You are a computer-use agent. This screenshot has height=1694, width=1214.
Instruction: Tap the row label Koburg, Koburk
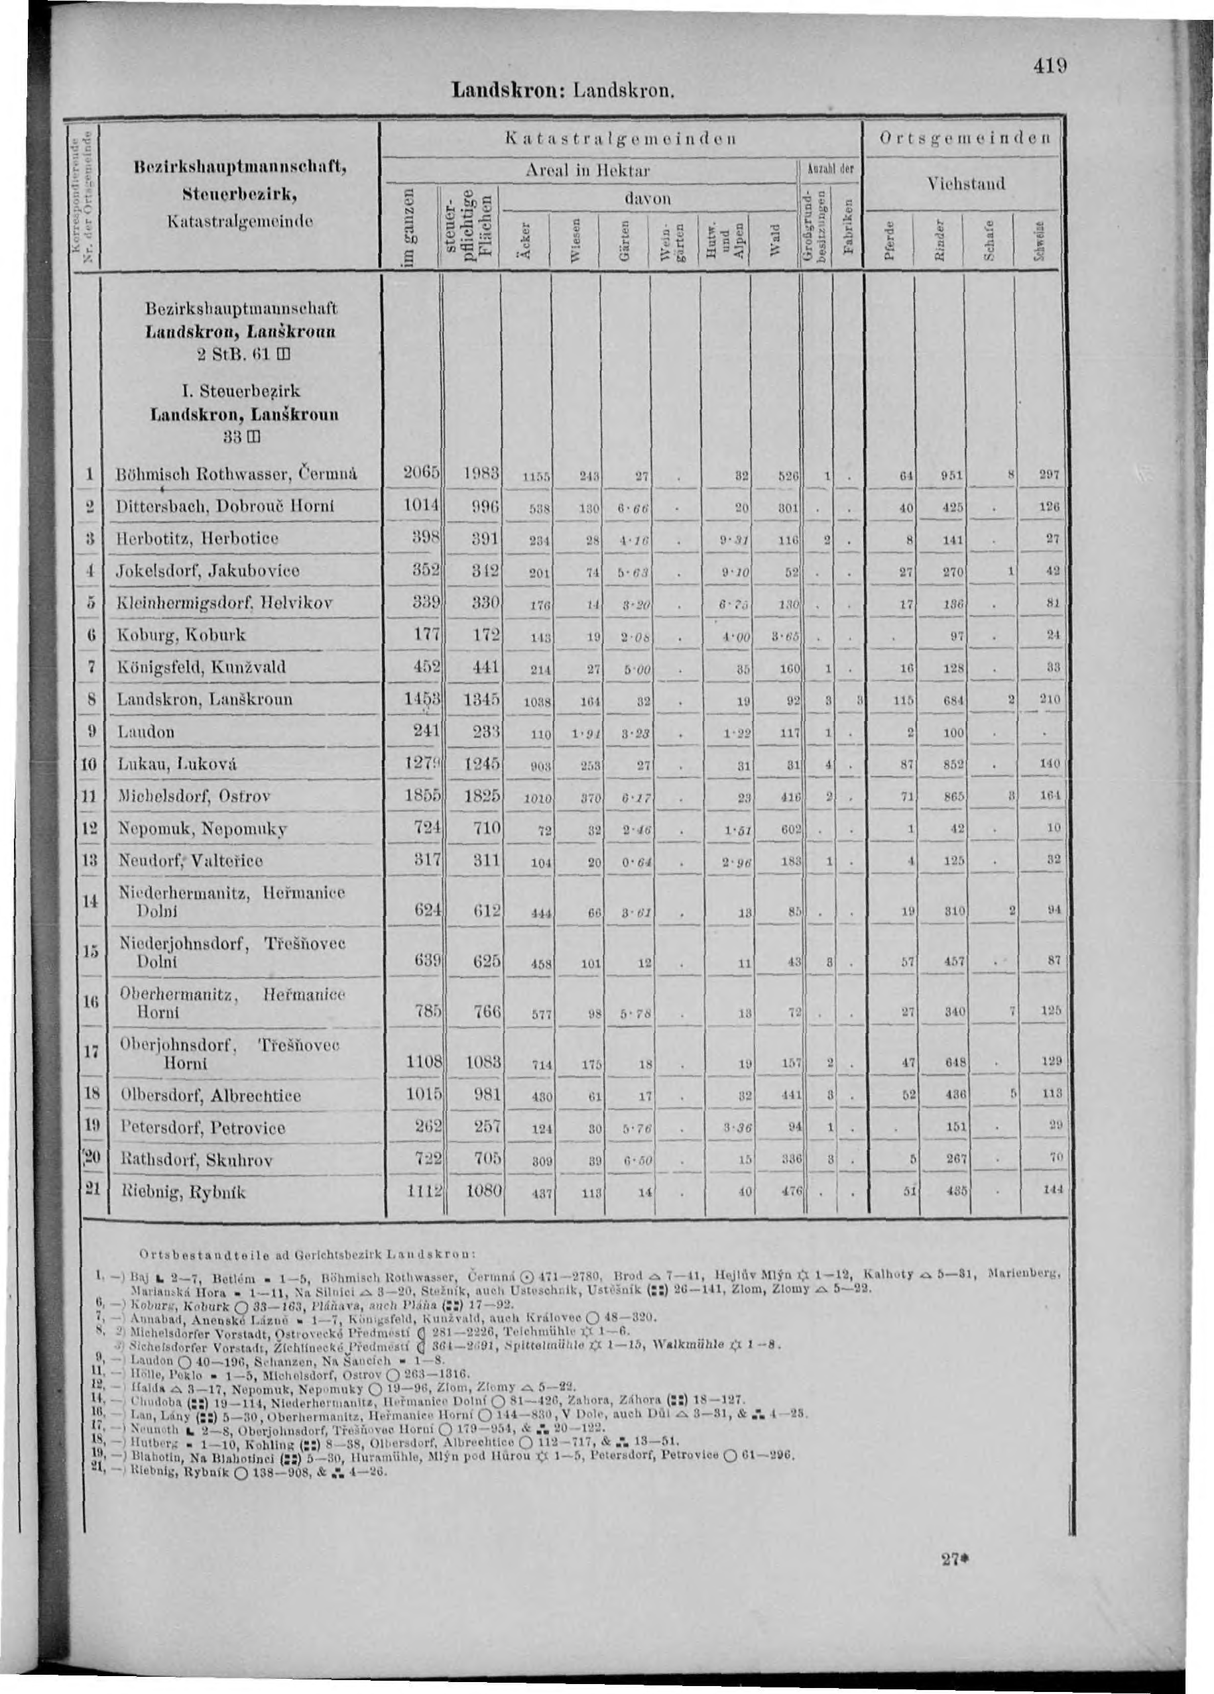tap(182, 635)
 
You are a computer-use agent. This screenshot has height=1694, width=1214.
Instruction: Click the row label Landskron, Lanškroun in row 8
tap(206, 699)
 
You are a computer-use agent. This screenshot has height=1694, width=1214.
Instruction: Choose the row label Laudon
tap(146, 732)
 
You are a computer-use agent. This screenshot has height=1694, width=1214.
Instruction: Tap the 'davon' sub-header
tap(648, 199)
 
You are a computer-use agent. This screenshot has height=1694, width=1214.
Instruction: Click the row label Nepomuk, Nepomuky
tap(202, 828)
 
